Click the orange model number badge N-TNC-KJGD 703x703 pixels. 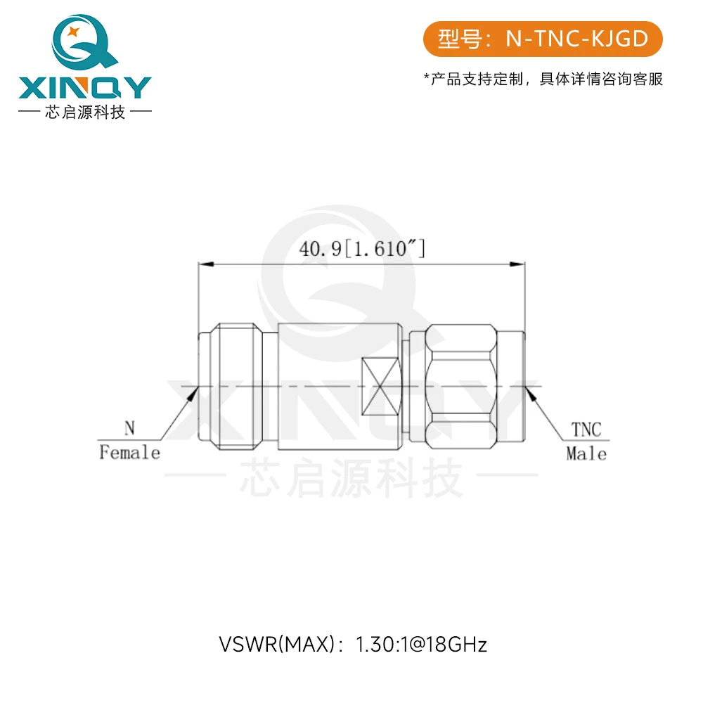pos(543,39)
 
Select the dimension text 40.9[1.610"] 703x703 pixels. pos(362,250)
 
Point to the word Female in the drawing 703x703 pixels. pos(130,453)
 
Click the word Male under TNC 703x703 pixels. pos(586,454)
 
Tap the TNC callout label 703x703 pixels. pos(586,430)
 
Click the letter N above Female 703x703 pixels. pos(129,428)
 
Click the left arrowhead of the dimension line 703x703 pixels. pos(205,265)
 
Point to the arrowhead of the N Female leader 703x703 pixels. pos(191,394)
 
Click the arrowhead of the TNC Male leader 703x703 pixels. pos(532,394)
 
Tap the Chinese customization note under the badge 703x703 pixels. pos(543,79)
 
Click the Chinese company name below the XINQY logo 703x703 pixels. pos(84,112)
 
